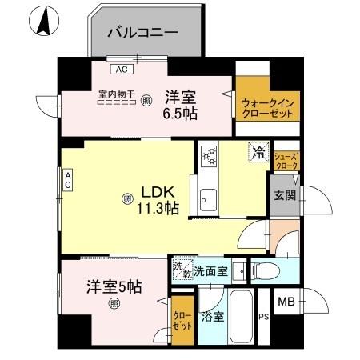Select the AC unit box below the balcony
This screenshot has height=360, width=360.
(x=123, y=68)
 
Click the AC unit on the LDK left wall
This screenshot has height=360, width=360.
(x=69, y=180)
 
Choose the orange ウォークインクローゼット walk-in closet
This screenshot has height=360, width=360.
(x=266, y=102)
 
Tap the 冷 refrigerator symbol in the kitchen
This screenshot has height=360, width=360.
(x=258, y=150)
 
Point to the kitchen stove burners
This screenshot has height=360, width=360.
(x=210, y=154)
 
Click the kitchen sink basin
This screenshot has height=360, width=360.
(x=207, y=197)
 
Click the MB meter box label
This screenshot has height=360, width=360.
(x=286, y=302)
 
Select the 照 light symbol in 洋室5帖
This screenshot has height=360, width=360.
(x=114, y=302)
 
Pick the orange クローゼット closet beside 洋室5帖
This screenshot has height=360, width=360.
(x=182, y=321)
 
